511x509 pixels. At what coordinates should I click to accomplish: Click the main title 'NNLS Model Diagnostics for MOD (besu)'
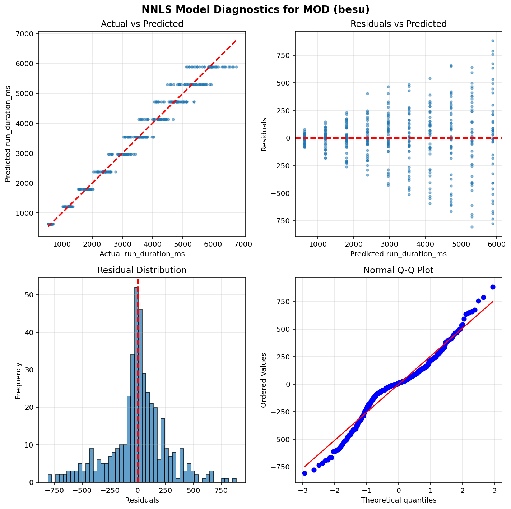tap(255, 9)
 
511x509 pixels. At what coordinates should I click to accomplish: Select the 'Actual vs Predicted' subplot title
tap(142, 24)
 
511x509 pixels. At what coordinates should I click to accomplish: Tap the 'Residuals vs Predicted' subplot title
tap(398, 24)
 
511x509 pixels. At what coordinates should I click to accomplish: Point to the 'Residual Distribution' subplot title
tap(142, 270)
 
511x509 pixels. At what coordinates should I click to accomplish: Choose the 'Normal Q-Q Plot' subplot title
tap(398, 270)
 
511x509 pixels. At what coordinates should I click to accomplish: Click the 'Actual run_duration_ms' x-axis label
tap(142, 254)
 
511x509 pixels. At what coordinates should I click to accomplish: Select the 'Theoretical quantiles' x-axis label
tap(398, 500)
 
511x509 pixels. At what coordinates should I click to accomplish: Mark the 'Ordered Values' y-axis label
tap(264, 380)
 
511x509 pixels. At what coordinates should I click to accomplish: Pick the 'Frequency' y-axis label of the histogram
tap(18, 381)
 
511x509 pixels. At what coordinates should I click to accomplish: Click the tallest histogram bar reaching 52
tap(136, 385)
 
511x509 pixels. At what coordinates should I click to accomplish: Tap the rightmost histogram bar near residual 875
tap(234, 480)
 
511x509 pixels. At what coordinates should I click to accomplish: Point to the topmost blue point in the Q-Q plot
tap(493, 287)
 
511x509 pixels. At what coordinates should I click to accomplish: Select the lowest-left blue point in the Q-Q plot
tap(305, 473)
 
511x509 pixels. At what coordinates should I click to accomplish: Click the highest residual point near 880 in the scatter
tap(493, 41)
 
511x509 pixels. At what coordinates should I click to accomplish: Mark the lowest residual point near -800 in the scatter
tap(472, 227)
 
